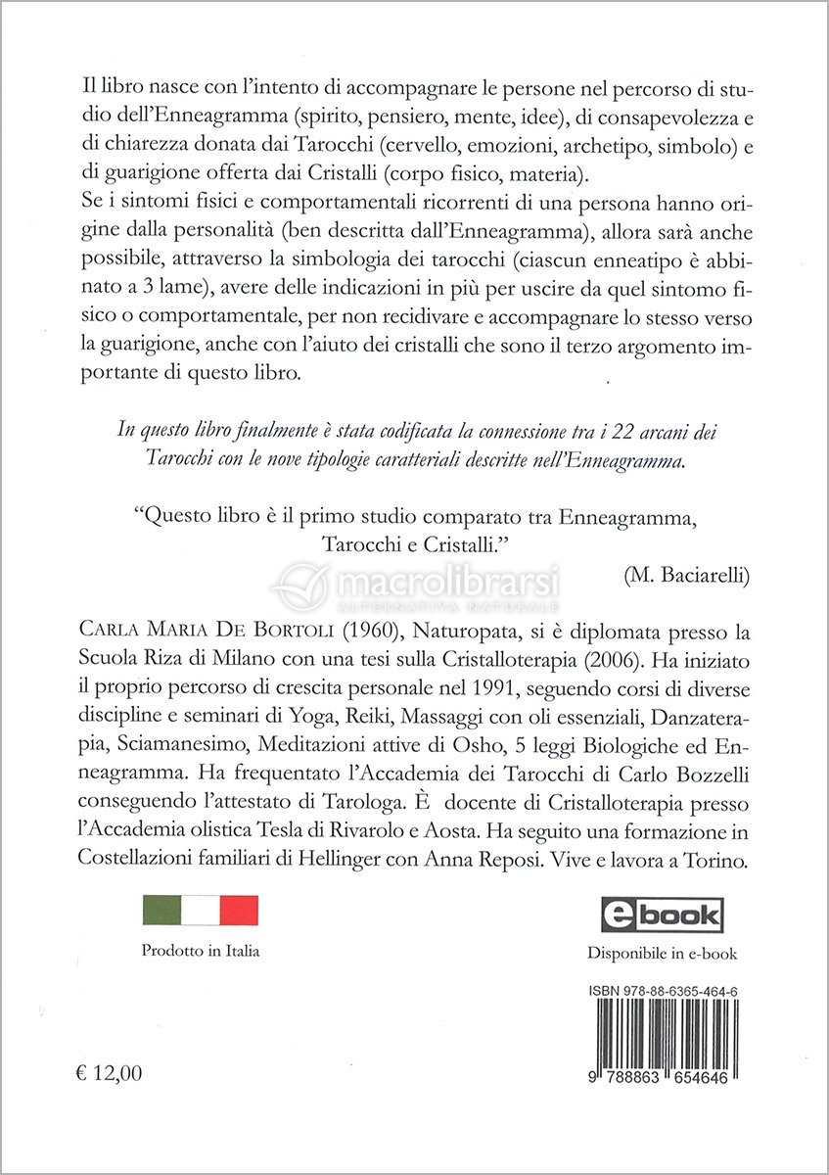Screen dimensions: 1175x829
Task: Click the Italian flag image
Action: [x=201, y=913]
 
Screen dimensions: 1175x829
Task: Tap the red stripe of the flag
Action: [x=239, y=913]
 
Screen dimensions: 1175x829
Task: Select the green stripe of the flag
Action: [x=162, y=913]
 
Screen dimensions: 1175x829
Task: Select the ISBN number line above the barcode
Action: [x=664, y=990]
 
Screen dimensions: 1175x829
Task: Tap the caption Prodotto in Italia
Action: [x=201, y=951]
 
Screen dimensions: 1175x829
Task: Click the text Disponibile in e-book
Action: [x=662, y=953]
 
